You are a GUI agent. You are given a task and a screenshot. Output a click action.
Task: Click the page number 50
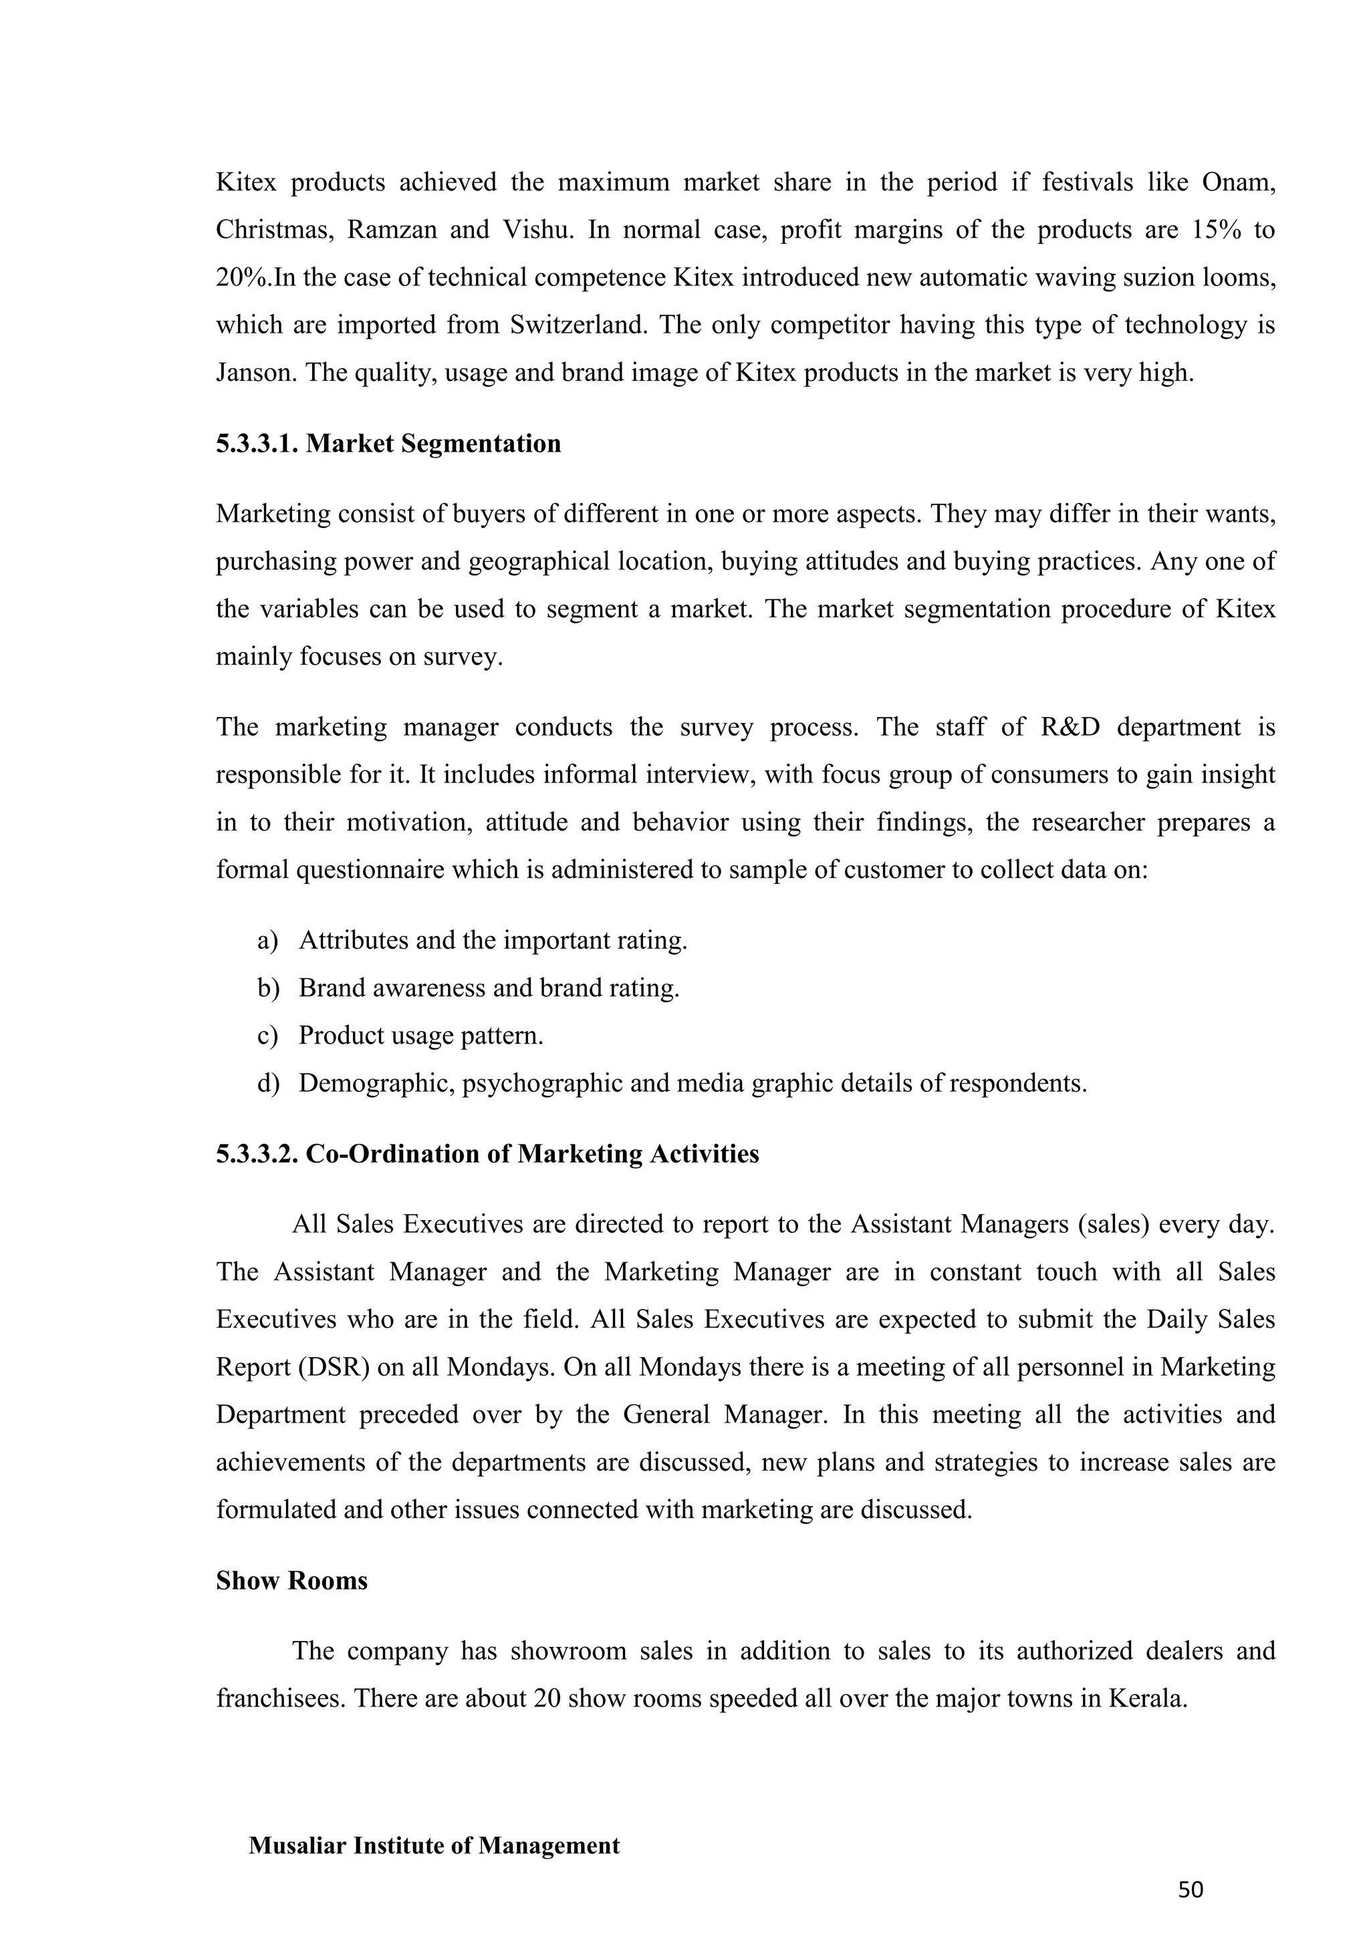pos(1191,1890)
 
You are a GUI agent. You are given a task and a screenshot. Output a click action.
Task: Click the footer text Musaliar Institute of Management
pos(434,1845)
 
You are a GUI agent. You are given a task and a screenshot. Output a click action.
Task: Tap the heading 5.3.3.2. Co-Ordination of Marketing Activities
pos(487,1154)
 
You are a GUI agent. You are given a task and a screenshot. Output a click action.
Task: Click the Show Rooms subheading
pos(291,1580)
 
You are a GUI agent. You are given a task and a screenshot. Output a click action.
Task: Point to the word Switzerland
pos(578,325)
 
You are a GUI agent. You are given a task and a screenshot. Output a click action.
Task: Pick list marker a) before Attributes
pos(267,939)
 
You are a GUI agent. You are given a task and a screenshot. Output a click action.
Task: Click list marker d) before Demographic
pos(268,1083)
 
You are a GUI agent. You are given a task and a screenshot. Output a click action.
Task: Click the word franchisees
pos(281,1698)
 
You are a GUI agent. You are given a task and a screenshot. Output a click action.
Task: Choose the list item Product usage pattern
pos(420,1035)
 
